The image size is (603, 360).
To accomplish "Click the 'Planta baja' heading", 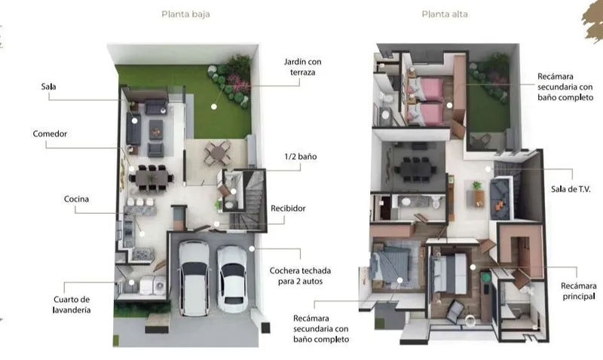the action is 185,14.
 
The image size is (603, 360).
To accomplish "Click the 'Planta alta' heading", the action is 445,14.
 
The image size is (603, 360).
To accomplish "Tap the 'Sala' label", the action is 49,87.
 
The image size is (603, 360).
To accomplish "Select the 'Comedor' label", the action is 50,134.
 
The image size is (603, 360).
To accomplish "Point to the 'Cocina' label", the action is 77,199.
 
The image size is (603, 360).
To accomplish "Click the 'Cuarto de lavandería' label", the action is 72,305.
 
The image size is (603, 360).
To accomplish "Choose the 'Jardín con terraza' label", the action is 303,67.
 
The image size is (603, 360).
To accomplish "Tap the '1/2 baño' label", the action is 301,157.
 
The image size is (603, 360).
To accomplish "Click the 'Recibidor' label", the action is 288,208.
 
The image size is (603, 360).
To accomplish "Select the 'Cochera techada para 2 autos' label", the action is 300,276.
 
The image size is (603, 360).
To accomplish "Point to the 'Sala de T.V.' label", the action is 571,189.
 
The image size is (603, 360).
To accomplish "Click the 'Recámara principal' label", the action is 578,291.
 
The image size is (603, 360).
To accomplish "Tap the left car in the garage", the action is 194,278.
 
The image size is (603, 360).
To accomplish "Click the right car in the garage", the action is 231,279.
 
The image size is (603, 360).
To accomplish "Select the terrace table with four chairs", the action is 218,153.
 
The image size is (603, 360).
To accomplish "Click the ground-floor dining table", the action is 152,178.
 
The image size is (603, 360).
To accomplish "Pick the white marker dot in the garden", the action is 214,107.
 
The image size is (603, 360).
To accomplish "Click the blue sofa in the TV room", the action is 500,199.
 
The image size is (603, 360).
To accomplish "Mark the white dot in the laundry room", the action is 131,282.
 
